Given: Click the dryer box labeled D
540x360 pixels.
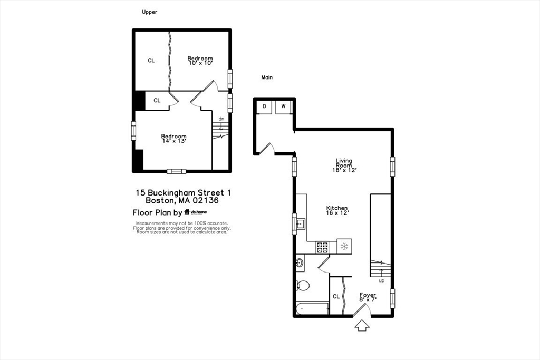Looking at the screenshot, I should (264, 106).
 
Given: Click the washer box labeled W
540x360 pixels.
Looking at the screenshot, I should (283, 106).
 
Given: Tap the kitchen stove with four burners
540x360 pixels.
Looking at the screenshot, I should (322, 246).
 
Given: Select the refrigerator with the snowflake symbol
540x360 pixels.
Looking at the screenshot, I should (344, 246).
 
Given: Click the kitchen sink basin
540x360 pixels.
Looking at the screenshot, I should (301, 224).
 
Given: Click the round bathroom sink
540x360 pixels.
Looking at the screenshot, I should (300, 261).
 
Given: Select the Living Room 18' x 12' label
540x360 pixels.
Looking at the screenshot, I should (344, 166).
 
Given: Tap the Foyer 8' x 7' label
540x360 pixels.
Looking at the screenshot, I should (368, 297).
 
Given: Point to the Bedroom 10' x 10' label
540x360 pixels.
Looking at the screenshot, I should (200, 61).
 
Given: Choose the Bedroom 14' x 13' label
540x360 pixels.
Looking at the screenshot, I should (173, 139).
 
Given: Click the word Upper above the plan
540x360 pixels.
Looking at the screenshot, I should (149, 12).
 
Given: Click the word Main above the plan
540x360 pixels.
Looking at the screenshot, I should (267, 77).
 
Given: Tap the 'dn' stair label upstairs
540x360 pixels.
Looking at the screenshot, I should (221, 119).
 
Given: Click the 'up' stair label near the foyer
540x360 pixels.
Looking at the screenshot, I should (381, 280).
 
